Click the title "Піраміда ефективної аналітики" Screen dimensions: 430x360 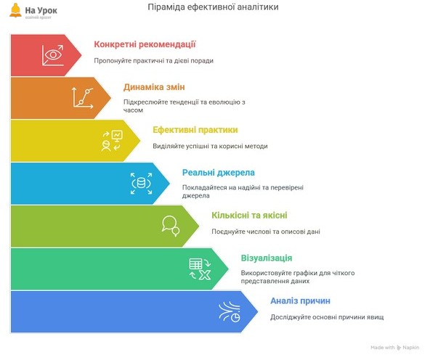[213, 7]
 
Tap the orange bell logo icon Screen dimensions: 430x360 [15, 10]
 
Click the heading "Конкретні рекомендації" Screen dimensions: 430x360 [145, 44]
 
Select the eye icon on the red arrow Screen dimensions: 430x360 [52, 55]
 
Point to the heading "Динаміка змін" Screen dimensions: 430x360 [154, 87]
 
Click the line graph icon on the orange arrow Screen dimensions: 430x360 [82, 97]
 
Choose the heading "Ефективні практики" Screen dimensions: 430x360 [195, 130]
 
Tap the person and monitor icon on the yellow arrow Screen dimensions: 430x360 [112, 141]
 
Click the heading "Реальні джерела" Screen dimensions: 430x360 [219, 173]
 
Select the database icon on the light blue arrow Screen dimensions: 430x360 [141, 184]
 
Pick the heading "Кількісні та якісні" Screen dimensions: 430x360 [250, 216]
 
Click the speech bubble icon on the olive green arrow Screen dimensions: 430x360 [171, 226]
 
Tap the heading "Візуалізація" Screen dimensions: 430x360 [267, 258]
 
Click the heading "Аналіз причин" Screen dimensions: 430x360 [300, 300]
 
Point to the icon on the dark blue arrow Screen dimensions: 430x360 [230, 311]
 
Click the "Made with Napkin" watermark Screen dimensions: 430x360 [395, 348]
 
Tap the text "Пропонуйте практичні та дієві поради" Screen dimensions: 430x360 [153, 60]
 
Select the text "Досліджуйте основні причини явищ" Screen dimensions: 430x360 [327, 317]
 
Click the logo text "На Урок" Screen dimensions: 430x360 [41, 10]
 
